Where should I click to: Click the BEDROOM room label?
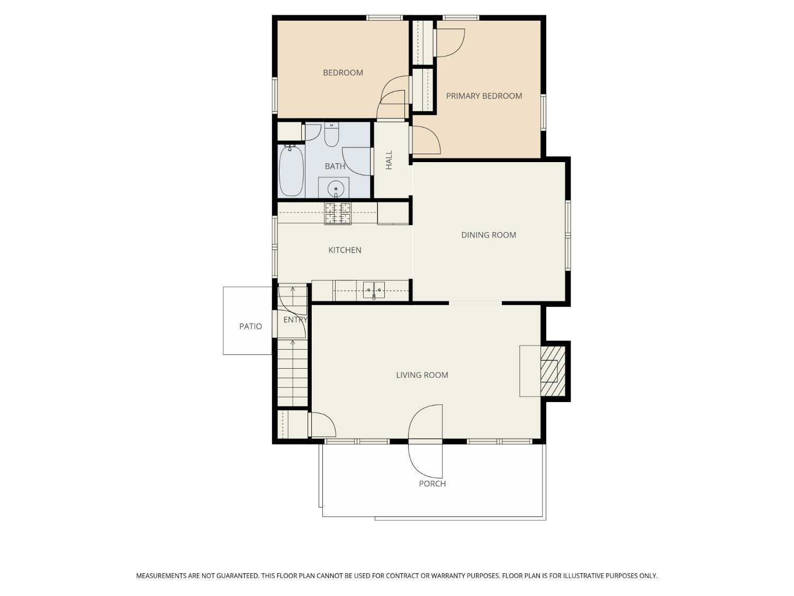pyautogui.click(x=342, y=73)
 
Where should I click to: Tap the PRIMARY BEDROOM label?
pyautogui.click(x=484, y=96)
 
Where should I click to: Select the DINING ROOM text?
pyautogui.click(x=489, y=235)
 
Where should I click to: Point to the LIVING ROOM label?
pyautogui.click(x=422, y=375)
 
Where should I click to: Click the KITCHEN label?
pyautogui.click(x=345, y=250)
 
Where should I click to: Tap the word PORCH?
pyautogui.click(x=432, y=484)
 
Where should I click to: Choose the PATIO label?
pyautogui.click(x=250, y=326)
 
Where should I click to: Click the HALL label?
pyautogui.click(x=389, y=160)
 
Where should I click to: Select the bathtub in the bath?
pyautogui.click(x=291, y=171)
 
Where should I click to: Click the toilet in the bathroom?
pyautogui.click(x=331, y=135)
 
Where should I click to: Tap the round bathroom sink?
pyautogui.click(x=335, y=189)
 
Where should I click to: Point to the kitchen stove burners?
pyautogui.click(x=338, y=214)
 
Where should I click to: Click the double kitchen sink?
pyautogui.click(x=374, y=290)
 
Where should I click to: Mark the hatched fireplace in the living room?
pyautogui.click(x=553, y=371)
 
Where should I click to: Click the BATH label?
pyautogui.click(x=335, y=166)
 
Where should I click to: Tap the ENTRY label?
pyautogui.click(x=295, y=320)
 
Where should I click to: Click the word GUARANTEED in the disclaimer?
pyautogui.click(x=239, y=576)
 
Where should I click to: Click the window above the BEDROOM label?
pyautogui.click(x=384, y=17)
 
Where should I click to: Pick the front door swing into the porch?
pyautogui.click(x=426, y=461)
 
